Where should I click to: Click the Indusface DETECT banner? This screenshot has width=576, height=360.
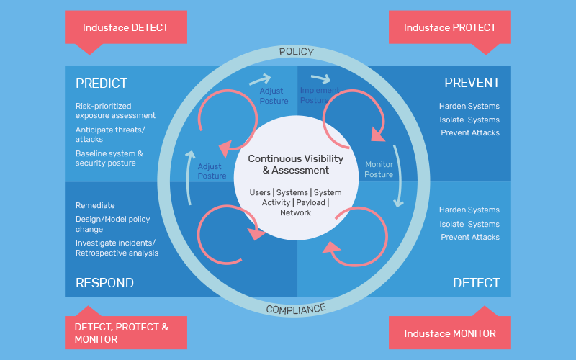point(125,28)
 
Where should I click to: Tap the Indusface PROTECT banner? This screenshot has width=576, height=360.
point(449,28)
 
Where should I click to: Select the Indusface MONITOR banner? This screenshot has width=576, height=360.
point(449,333)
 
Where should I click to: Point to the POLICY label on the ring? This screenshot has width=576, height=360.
point(296,52)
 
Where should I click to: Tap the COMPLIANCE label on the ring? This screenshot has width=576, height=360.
point(296,309)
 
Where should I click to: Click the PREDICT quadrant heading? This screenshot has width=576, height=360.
point(102,84)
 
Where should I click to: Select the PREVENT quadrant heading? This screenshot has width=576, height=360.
point(472,83)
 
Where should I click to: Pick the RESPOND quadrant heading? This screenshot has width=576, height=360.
point(104,283)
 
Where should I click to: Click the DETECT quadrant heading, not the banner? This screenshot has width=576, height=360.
point(476,283)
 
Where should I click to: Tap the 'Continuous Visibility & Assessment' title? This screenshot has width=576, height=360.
point(296,164)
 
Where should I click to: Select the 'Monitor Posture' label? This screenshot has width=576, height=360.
point(379,169)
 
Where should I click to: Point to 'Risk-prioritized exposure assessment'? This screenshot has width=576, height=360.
point(115,111)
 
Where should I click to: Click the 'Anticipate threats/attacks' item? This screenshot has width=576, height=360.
point(110,135)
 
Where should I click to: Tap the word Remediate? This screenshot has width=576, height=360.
point(95,205)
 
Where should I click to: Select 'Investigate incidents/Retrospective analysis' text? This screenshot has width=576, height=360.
point(117,248)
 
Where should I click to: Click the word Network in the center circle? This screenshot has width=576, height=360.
point(295,212)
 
